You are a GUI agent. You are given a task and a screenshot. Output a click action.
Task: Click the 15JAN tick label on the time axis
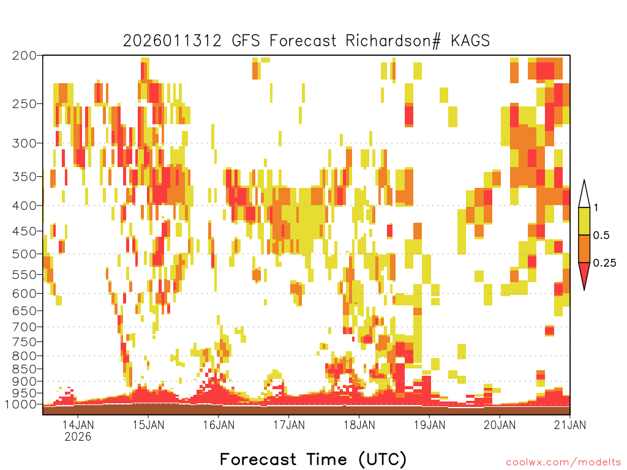[148, 425]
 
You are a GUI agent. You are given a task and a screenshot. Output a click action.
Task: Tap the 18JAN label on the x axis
[359, 425]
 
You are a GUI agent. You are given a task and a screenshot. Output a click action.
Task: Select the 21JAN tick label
[570, 425]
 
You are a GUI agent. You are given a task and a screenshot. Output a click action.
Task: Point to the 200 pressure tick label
[24, 56]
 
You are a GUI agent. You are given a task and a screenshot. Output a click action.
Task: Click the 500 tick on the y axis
[24, 254]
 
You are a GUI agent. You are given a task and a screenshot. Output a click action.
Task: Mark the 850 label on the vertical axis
[24, 368]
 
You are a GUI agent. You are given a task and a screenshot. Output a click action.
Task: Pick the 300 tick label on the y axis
[24, 143]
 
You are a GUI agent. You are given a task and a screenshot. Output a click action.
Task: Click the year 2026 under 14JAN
[78, 436]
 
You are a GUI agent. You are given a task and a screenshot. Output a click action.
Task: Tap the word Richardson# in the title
[393, 41]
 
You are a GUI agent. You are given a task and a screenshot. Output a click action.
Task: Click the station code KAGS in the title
[470, 40]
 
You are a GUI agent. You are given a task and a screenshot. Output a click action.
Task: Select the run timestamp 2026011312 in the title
[172, 41]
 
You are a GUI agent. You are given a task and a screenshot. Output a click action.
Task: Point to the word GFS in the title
[246, 40]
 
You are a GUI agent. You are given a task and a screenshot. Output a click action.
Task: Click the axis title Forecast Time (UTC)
[313, 459]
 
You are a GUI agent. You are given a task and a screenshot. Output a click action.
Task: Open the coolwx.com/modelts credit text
[564, 463]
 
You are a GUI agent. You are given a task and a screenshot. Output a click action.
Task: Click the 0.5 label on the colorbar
[601, 235]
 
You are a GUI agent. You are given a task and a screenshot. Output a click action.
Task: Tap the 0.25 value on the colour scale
[604, 263]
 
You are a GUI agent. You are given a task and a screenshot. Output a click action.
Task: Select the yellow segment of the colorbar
[584, 221]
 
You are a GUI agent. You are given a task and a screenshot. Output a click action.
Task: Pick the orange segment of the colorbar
[584, 248]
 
